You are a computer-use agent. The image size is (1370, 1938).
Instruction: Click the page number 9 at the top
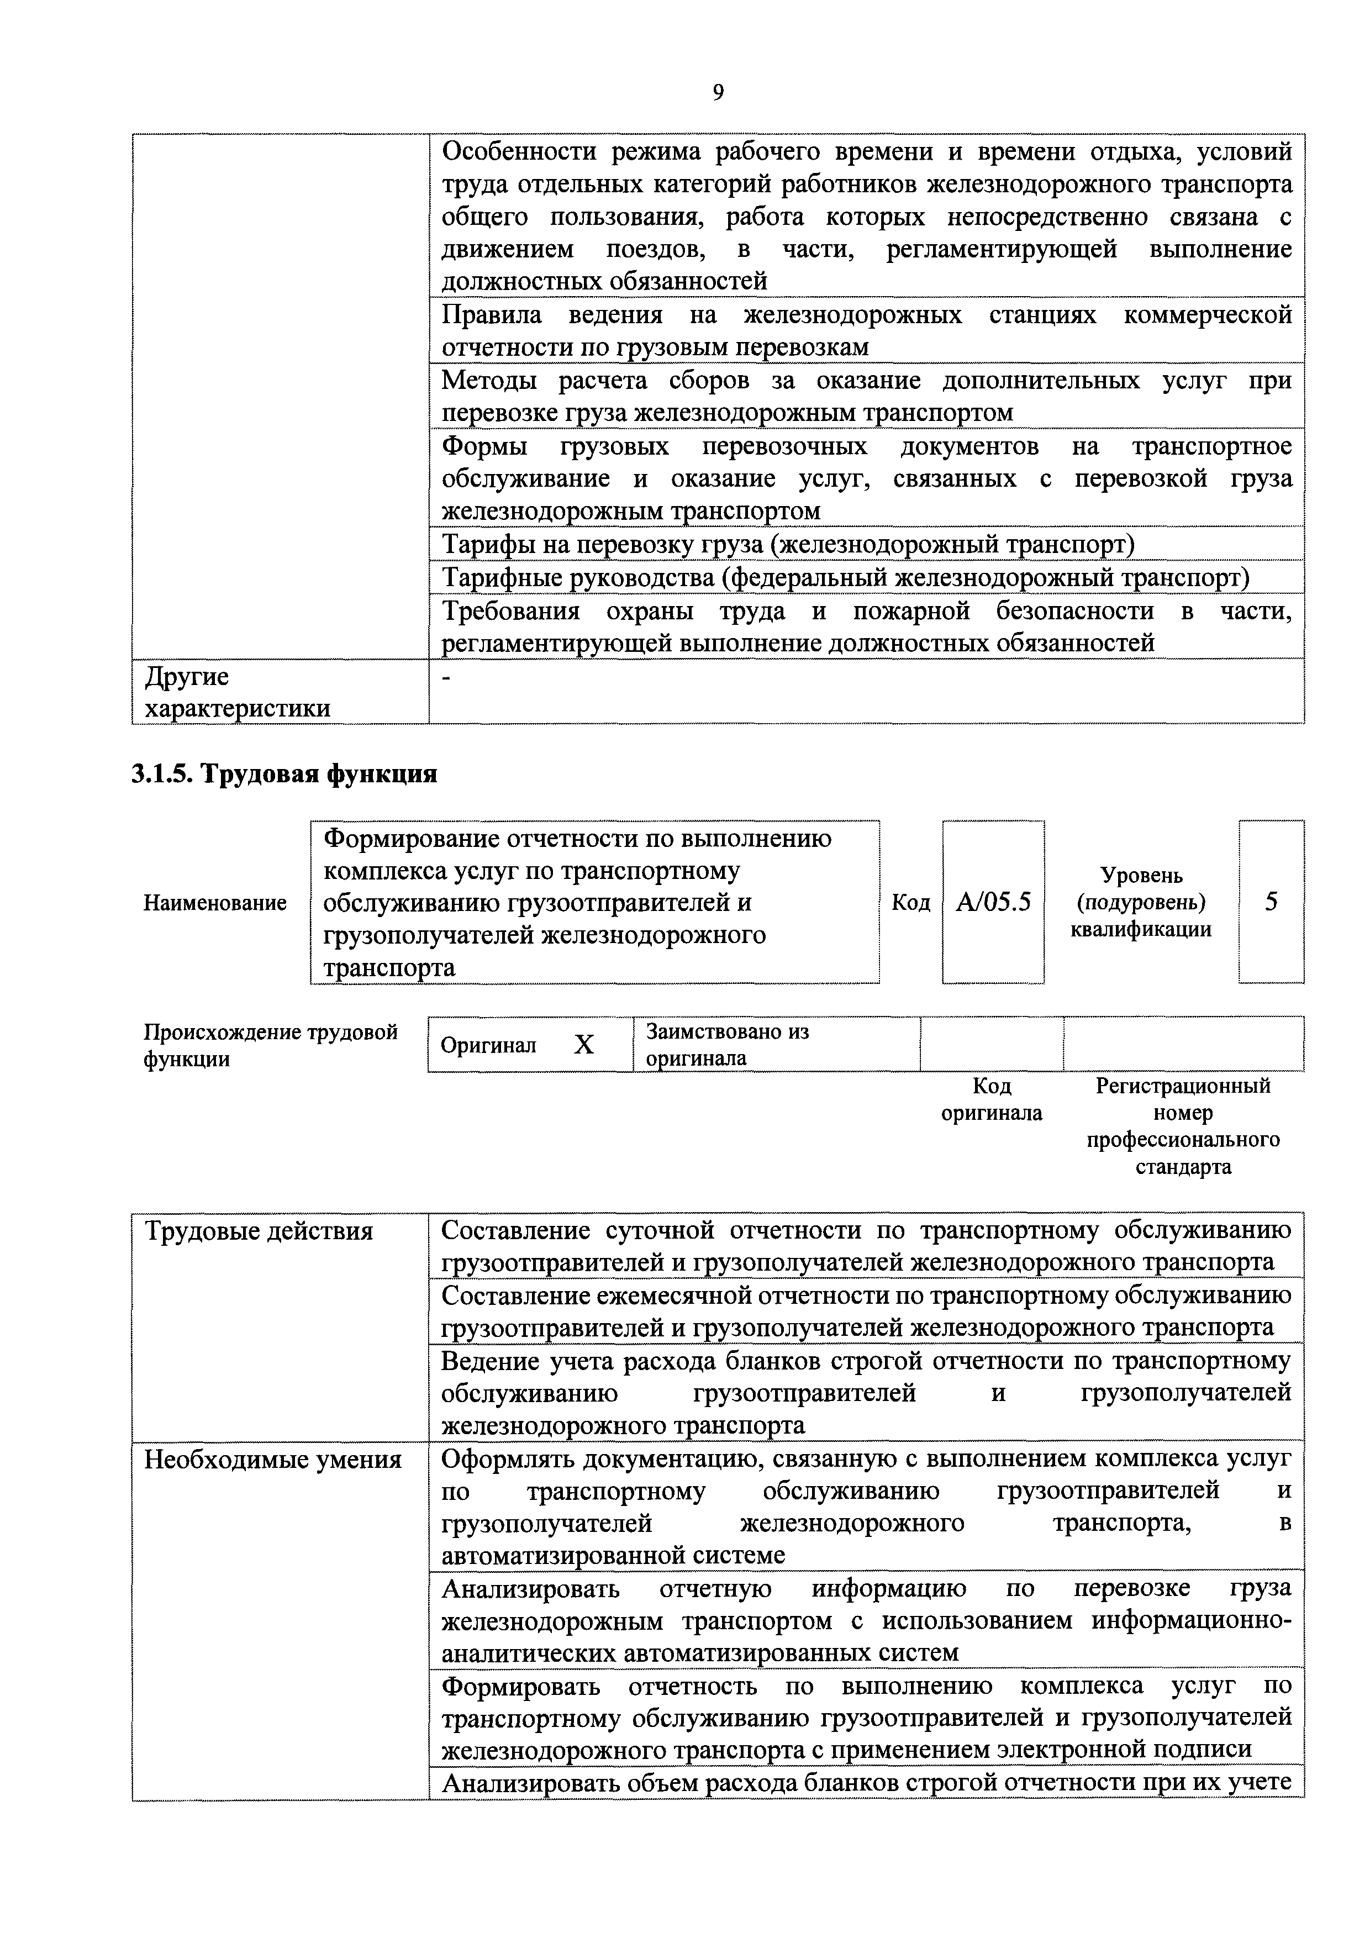(x=718, y=93)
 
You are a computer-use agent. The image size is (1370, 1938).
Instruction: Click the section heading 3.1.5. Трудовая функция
(x=284, y=773)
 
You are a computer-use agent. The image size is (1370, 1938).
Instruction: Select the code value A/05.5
(x=993, y=902)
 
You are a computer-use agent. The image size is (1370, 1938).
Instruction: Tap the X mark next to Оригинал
(x=583, y=1045)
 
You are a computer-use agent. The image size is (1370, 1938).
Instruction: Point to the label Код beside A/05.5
(x=911, y=902)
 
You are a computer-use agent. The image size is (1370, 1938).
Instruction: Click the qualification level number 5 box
(x=1271, y=902)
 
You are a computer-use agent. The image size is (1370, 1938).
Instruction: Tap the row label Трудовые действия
(x=259, y=1231)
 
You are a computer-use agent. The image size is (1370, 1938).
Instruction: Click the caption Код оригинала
(x=991, y=1099)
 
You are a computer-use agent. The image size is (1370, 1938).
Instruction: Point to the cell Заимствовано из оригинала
(x=727, y=1044)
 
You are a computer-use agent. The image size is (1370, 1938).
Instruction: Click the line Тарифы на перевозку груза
(x=788, y=544)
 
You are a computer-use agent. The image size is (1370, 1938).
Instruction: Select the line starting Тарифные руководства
(x=844, y=577)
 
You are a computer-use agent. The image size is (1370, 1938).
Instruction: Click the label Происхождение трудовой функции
(x=270, y=1045)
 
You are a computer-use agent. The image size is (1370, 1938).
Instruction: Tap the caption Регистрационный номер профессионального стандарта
(x=1183, y=1126)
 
